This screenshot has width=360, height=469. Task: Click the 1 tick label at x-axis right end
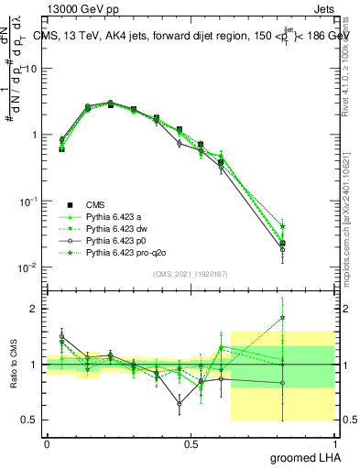(x=333, y=443)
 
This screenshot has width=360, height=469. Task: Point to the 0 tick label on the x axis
(x=47, y=443)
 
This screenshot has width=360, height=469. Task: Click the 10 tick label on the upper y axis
(x=32, y=69)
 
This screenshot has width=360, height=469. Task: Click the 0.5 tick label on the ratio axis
(x=33, y=420)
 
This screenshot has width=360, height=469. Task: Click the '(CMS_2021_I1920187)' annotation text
(x=190, y=273)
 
